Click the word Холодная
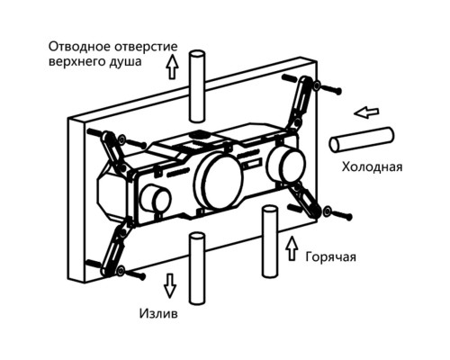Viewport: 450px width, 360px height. pyautogui.click(x=372, y=166)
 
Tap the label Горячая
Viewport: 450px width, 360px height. pyautogui.click(x=330, y=257)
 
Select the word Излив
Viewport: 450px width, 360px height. pyautogui.click(x=158, y=313)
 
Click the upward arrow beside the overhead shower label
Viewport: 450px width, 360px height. pyautogui.click(x=172, y=67)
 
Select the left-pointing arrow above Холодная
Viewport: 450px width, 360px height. pyautogui.click(x=366, y=112)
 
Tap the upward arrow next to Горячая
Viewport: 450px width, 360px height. pyautogui.click(x=292, y=248)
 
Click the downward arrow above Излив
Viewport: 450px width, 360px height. pyautogui.click(x=170, y=285)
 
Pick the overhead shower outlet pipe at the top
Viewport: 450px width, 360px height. pyautogui.click(x=196, y=85)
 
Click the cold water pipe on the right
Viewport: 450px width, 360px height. pyautogui.click(x=362, y=139)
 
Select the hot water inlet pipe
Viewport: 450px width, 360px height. pyautogui.click(x=270, y=241)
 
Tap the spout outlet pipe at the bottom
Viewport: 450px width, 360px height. pyautogui.click(x=197, y=269)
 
